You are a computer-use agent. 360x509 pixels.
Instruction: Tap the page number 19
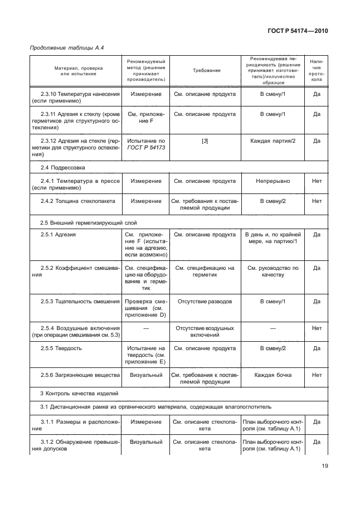[324, 467]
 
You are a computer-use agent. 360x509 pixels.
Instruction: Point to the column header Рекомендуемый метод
[145, 70]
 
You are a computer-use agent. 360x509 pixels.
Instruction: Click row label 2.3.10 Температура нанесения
[74, 98]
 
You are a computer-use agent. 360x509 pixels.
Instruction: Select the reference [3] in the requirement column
[205, 140]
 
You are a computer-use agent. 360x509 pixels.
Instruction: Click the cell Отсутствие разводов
[205, 302]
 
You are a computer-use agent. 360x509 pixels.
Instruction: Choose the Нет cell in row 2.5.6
[317, 375]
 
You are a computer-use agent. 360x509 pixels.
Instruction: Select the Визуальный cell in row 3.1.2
[146, 442]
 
